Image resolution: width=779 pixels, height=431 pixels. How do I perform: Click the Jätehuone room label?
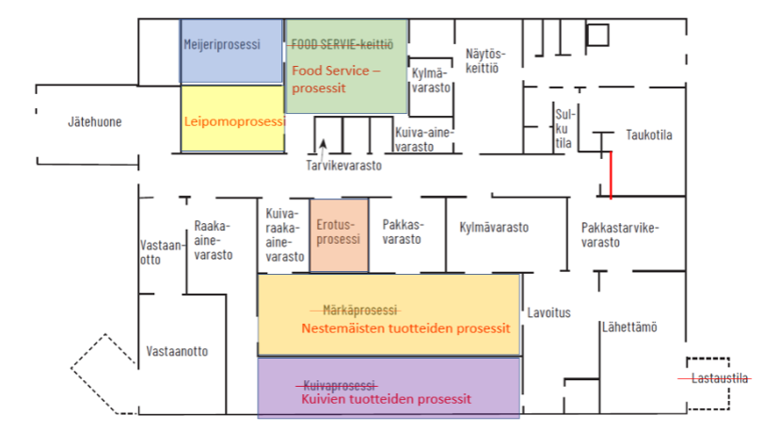click(x=94, y=121)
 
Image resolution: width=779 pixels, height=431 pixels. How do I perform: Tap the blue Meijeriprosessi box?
click(x=231, y=52)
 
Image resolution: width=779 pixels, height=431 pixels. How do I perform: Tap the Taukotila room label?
click(x=649, y=135)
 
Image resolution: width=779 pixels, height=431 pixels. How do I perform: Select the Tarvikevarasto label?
click(x=343, y=167)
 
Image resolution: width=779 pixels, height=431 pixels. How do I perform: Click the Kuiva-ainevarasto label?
click(x=424, y=140)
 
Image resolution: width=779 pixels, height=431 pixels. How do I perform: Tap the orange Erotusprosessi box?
click(x=339, y=232)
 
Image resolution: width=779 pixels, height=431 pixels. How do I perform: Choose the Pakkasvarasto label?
click(x=402, y=232)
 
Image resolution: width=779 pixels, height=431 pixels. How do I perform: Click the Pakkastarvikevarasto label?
click(x=620, y=234)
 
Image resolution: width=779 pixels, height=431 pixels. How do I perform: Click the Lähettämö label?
click(x=628, y=327)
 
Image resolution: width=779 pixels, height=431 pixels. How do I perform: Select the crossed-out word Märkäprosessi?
click(x=359, y=310)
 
